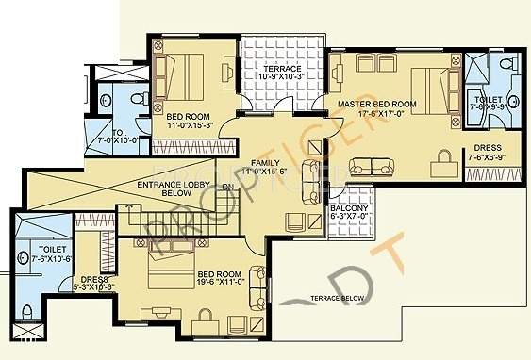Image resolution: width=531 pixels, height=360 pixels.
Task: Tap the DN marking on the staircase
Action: (226, 188)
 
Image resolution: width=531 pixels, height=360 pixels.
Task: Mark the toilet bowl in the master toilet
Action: (506, 65)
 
